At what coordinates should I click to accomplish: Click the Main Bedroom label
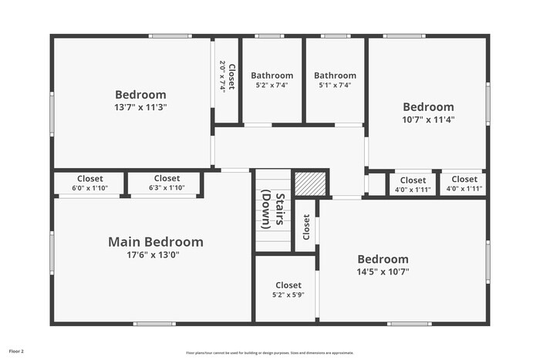coord(156,242)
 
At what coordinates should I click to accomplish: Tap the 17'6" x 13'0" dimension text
coord(154,255)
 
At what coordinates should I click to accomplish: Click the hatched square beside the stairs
coord(312,185)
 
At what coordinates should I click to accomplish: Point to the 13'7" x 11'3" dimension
coord(141,107)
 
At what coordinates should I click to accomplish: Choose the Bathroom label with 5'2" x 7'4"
coord(272,76)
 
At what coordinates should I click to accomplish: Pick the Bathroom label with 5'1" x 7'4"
coord(335,76)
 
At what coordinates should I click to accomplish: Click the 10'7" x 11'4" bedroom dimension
coord(428,119)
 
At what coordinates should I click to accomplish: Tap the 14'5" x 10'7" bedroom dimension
coord(383,271)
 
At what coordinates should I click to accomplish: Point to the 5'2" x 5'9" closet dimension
coord(289,294)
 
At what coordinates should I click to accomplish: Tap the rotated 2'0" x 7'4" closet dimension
coord(222,77)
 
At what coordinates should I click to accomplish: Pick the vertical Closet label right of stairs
coord(306,227)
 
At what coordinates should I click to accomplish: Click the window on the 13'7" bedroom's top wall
coord(170,35)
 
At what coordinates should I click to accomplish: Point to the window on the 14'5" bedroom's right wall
coord(488,262)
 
